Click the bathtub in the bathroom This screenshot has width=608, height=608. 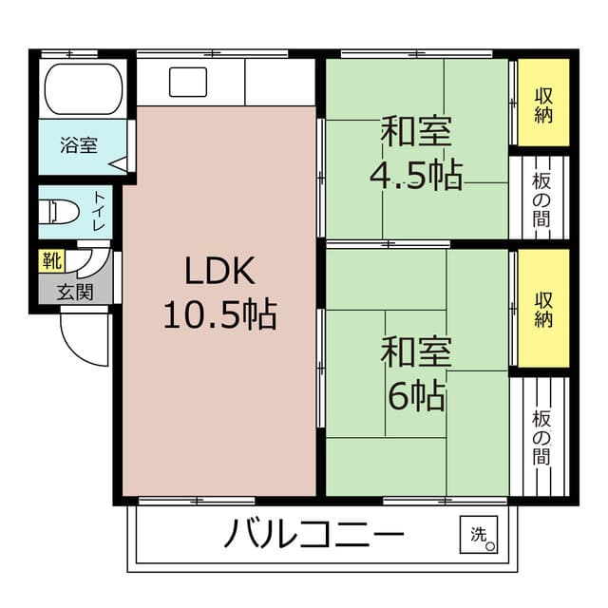[x=84, y=87]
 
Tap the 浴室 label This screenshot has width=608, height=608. [x=78, y=146]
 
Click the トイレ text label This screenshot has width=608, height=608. [x=99, y=212]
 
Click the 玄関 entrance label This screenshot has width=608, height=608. [x=74, y=292]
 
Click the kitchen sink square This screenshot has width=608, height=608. [x=188, y=82]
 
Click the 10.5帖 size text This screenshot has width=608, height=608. [x=219, y=313]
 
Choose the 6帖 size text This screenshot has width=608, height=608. [x=416, y=396]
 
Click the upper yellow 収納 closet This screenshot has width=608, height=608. [x=543, y=103]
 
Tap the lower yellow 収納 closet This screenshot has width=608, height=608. [x=543, y=308]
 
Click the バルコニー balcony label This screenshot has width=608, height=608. [x=313, y=536]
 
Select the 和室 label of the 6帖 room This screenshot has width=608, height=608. [x=416, y=353]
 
